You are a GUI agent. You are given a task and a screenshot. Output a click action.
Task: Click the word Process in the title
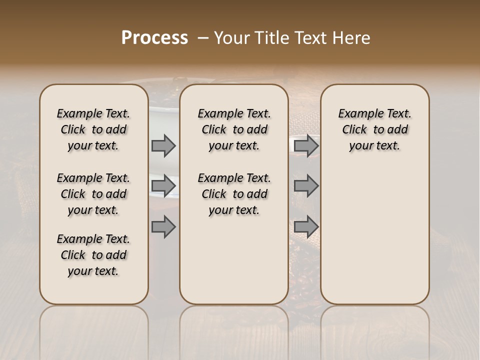coord(154,38)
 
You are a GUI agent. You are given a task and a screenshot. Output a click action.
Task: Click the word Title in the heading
coord(269,38)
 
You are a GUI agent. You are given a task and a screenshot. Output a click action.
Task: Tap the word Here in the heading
coord(352,38)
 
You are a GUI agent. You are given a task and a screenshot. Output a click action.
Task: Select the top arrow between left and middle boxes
coord(163,145)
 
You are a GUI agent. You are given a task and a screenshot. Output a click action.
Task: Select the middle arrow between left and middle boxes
coord(163,186)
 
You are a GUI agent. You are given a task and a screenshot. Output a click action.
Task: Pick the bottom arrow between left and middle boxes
coord(163,226)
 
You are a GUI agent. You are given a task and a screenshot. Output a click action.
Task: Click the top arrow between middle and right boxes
coord(306,145)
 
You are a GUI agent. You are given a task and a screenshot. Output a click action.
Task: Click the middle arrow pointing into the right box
coord(306,186)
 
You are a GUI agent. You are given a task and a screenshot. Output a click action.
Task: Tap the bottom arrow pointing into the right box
coord(306,226)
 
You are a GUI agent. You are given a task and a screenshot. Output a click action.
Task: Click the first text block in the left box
coord(93,129)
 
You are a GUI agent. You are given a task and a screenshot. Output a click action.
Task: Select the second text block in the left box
coord(93,194)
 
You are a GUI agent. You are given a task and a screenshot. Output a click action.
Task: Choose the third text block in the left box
coord(93,255)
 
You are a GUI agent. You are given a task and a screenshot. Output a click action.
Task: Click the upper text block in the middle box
coord(234,129)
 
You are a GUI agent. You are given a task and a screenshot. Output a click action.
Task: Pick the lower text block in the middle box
coord(234,194)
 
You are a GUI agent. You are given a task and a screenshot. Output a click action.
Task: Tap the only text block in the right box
coord(374,129)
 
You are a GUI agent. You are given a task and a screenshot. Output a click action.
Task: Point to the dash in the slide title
coord(203,38)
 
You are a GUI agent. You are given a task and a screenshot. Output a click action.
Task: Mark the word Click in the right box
coord(354,130)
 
